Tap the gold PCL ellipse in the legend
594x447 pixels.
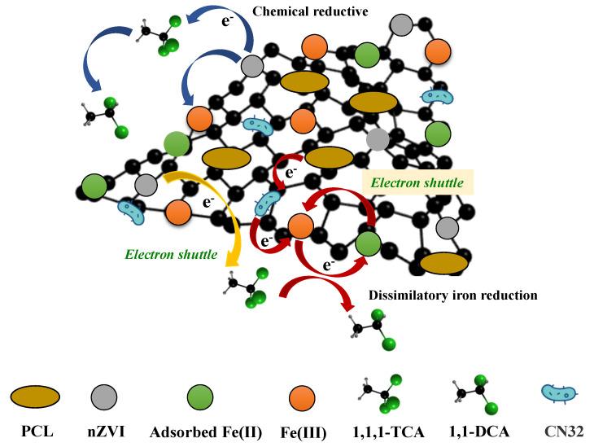click(36, 396)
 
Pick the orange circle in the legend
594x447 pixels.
click(302, 396)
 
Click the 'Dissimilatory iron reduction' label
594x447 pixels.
click(452, 296)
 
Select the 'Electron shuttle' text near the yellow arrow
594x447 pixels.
click(171, 255)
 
